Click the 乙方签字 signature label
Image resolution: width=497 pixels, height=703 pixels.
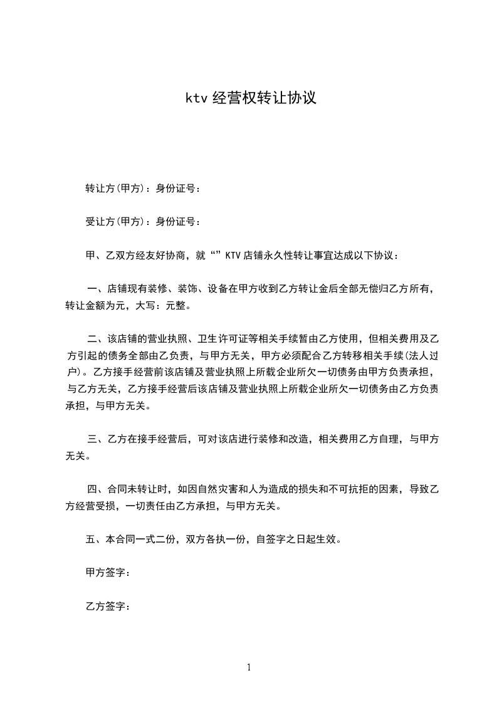click(105, 607)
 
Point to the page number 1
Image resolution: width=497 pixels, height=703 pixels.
click(249, 667)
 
